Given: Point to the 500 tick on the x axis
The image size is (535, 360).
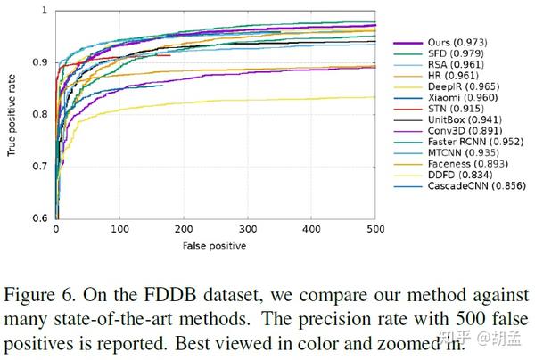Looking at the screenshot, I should (376, 229).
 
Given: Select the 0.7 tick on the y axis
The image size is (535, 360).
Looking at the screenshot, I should (39, 167).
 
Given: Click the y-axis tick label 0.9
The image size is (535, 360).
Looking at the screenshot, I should (39, 62).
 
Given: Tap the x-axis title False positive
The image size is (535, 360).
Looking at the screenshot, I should (215, 244).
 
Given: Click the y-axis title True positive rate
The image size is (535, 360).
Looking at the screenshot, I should (12, 113).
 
